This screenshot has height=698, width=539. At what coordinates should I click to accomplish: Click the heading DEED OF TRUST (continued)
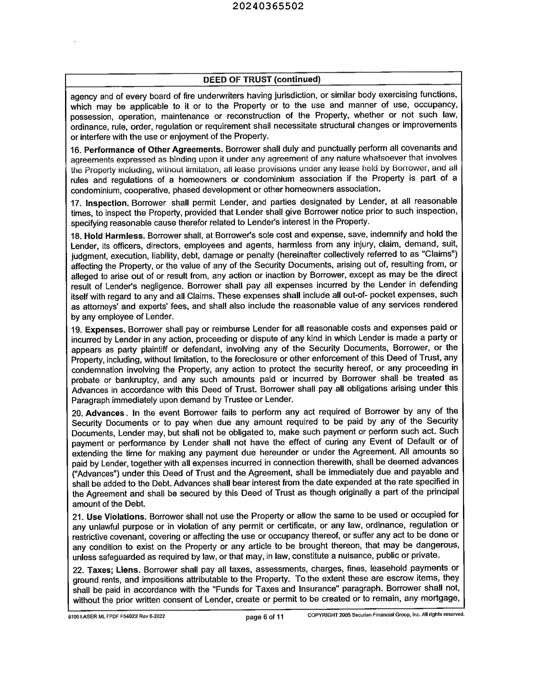click(262, 79)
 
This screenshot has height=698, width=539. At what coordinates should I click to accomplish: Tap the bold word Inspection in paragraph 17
click(107, 203)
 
